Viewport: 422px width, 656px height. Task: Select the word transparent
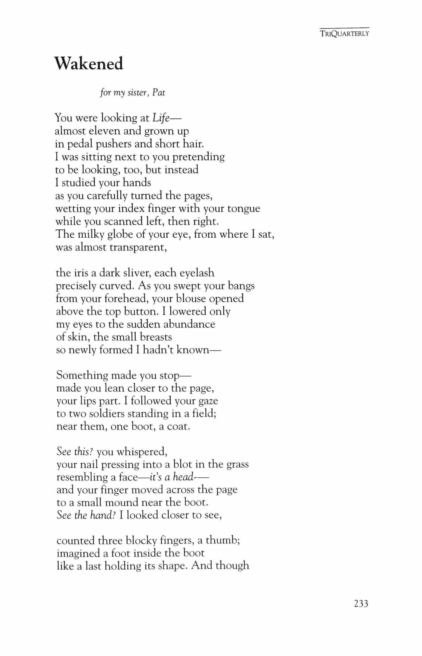(138, 247)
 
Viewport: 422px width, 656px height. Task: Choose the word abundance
(189, 324)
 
